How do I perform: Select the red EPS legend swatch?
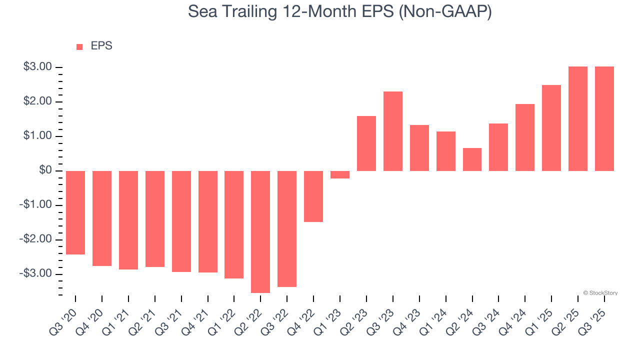point(79,47)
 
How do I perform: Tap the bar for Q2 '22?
point(260,231)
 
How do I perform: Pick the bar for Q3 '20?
point(75,212)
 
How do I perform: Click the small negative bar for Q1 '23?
point(340,174)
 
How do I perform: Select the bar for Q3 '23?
point(393,131)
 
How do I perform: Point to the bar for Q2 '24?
point(472,159)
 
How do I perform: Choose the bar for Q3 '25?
point(604,119)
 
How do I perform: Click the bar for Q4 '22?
point(313,196)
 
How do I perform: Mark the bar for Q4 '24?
point(525,137)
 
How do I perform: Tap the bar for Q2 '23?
point(366,143)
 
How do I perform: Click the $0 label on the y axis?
point(45,170)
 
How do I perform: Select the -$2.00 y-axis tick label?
point(36,239)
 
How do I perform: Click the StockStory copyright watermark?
point(600,293)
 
